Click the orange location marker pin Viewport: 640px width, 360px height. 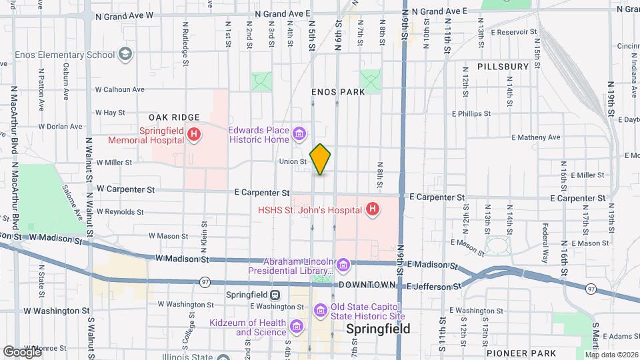[320, 159]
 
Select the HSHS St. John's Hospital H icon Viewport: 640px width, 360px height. [373, 210]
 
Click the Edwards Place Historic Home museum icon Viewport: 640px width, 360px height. [299, 135]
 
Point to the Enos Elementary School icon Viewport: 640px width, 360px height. [125, 55]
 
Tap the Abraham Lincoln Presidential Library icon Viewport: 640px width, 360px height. [343, 266]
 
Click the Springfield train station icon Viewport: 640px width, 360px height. [274, 295]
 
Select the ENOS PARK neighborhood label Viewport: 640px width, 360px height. [338, 92]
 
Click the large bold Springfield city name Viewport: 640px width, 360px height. [378, 329]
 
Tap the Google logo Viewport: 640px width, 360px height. [23, 351]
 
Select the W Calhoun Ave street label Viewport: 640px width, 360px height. [120, 89]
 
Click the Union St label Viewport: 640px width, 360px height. [293, 161]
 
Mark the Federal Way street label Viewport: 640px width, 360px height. [545, 237]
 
